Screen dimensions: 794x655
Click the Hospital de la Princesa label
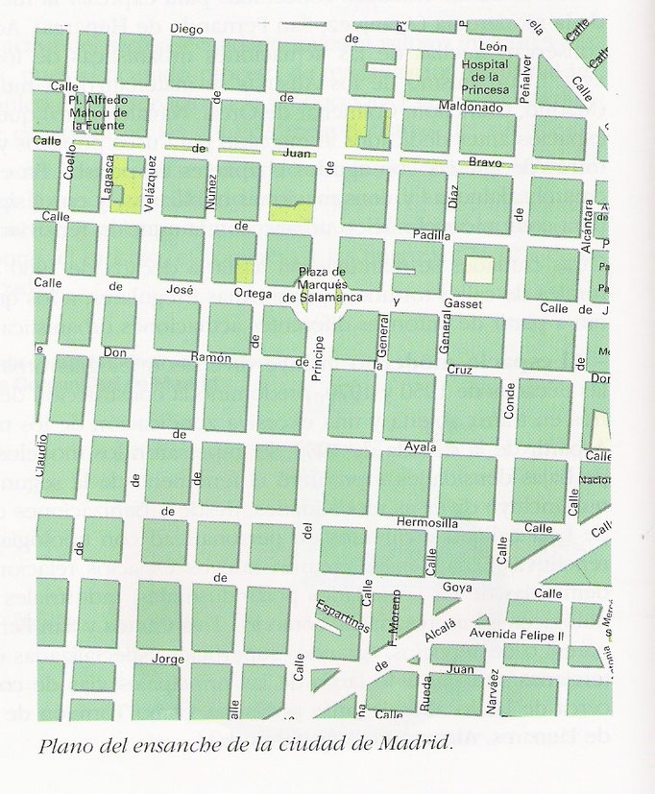pyautogui.click(x=496, y=77)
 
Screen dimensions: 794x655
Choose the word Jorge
pyautogui.click(x=167, y=661)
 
